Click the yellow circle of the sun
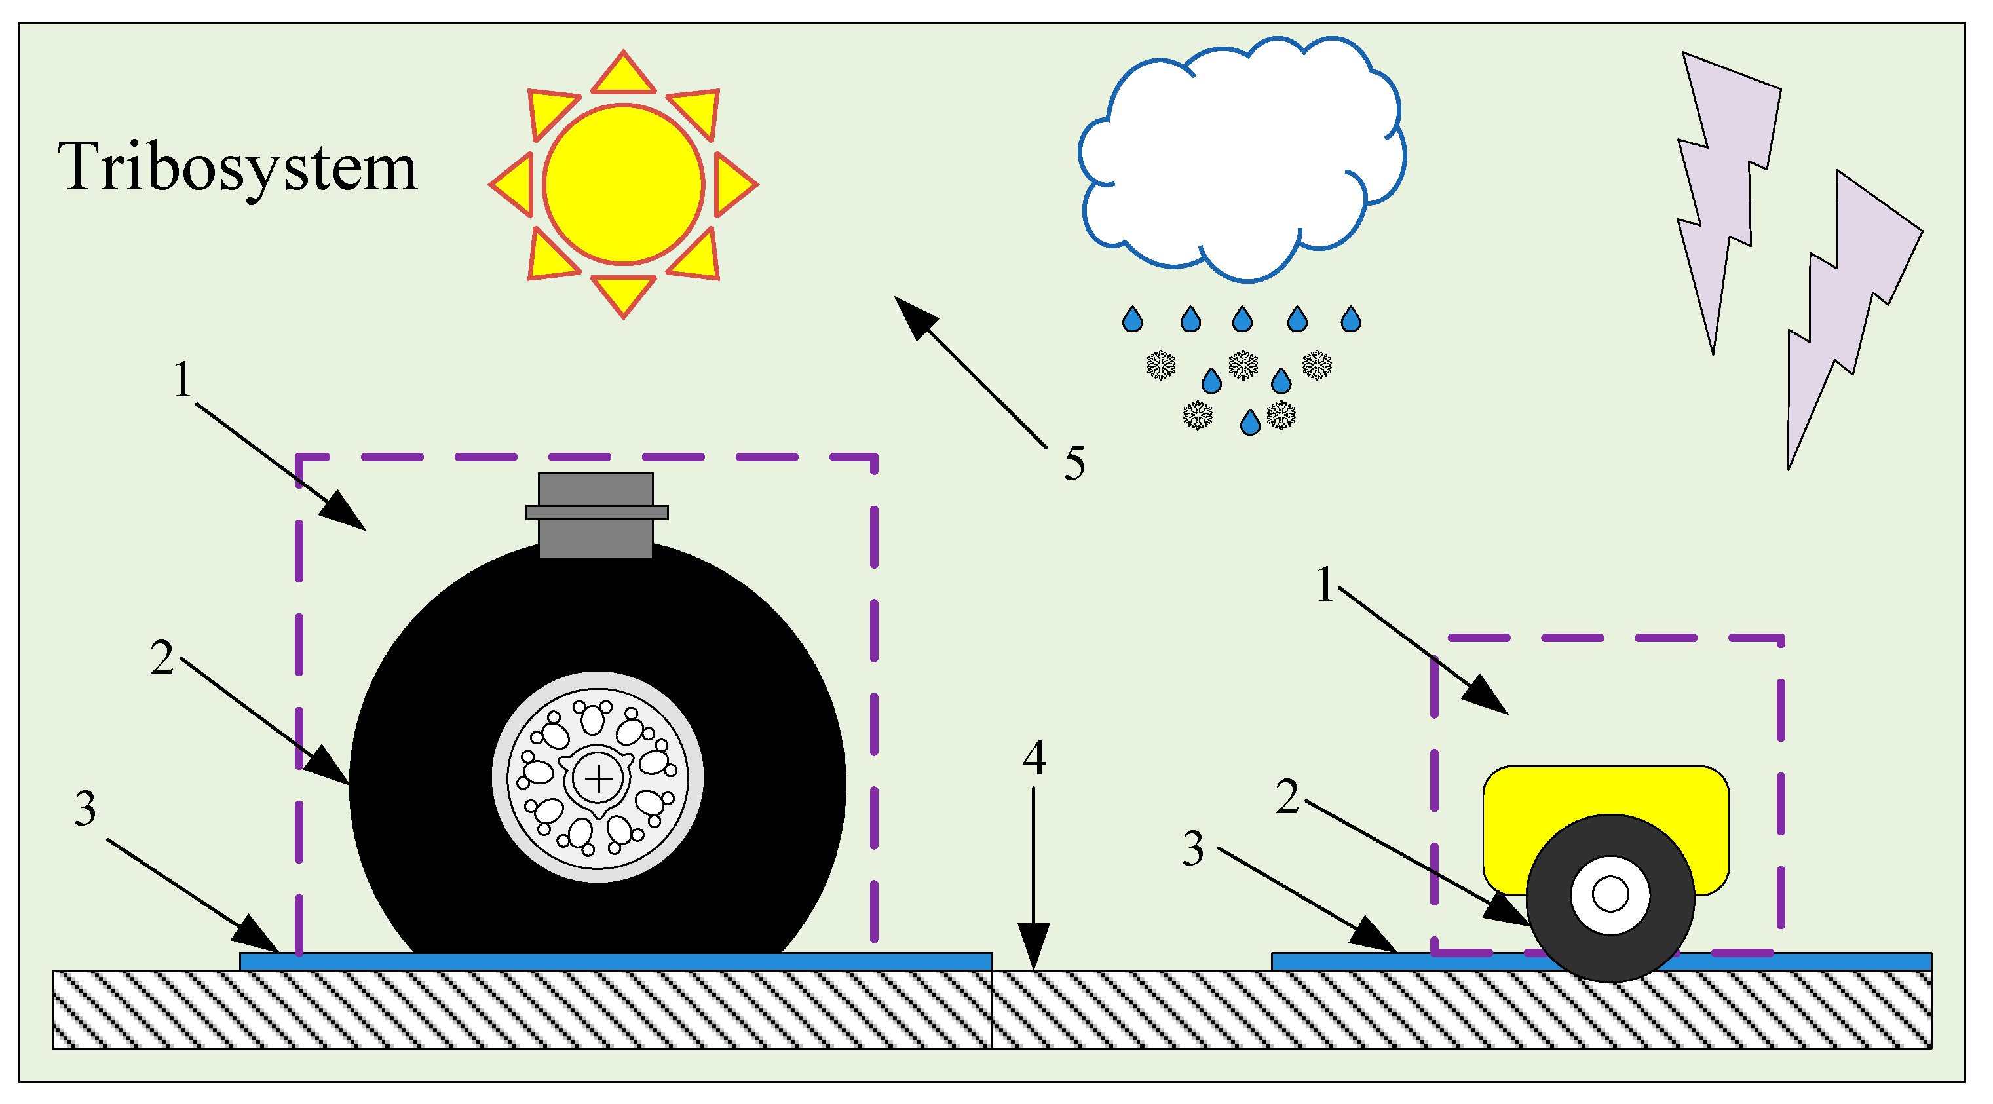(x=623, y=184)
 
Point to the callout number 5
(x=1074, y=463)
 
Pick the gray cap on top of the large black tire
(x=596, y=514)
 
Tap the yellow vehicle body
(x=1605, y=805)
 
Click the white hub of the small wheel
(x=1610, y=895)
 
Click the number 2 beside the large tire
(x=162, y=658)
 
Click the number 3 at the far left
(x=85, y=809)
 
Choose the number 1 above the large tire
(x=182, y=379)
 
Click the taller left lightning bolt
(x=1727, y=193)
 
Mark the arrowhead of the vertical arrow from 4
(x=1034, y=947)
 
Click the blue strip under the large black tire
(x=615, y=962)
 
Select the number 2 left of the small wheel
(x=1287, y=797)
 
